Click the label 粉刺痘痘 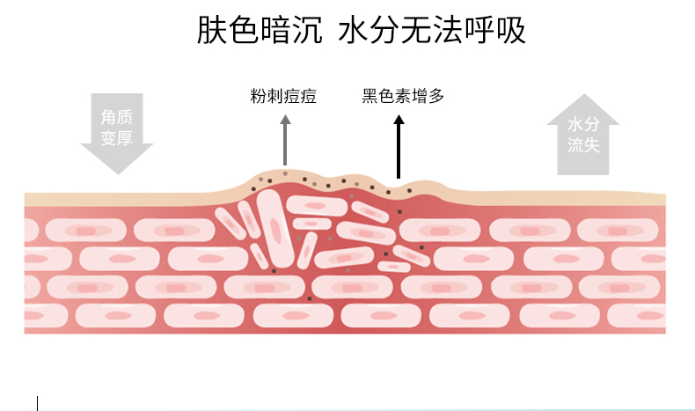pos(283,95)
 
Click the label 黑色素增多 pos(403,95)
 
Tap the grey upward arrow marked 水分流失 pos(583,133)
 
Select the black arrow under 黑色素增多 pos(399,145)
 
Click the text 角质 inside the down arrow pos(117,116)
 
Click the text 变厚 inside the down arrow pos(117,137)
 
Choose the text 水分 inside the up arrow pos(583,124)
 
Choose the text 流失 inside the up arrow pos(583,145)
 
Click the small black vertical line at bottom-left pos(38,402)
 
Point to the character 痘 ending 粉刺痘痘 pos(308,95)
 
